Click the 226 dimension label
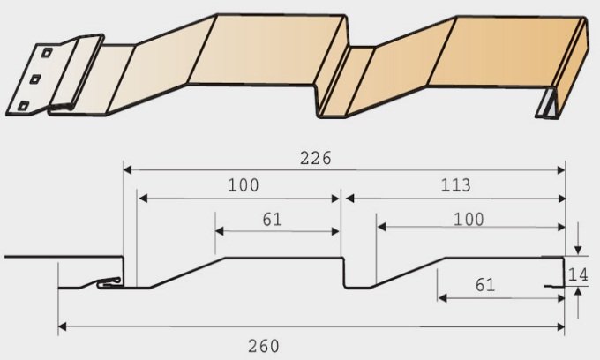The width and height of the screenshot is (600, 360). point(316,158)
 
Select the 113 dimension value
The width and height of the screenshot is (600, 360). point(456,185)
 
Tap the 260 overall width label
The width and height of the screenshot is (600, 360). point(264,346)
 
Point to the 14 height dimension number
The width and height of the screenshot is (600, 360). point(578,274)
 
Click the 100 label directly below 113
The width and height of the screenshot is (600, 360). point(469,219)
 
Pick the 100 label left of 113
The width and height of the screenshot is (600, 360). point(244,185)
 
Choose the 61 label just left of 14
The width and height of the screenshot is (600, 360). point(485,285)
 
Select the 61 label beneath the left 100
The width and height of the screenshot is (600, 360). point(273,219)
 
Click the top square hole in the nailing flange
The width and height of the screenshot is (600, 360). point(46,53)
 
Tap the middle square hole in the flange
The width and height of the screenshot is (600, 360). point(35,79)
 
